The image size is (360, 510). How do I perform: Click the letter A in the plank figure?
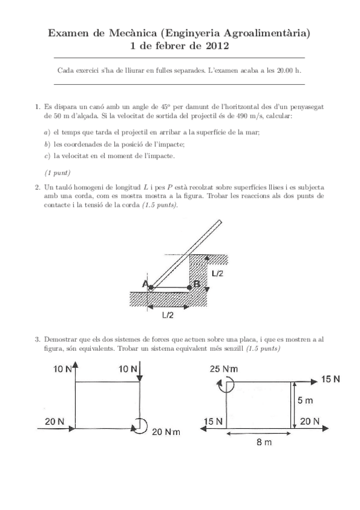(x=145, y=284)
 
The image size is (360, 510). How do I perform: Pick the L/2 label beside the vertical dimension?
(x=218, y=273)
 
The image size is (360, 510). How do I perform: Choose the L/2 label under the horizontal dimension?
(x=168, y=315)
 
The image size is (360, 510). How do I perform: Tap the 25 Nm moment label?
(x=224, y=369)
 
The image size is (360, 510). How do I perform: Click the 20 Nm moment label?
(x=166, y=431)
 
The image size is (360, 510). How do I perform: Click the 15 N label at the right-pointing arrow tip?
(x=330, y=379)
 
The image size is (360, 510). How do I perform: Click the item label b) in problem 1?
(x=47, y=144)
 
